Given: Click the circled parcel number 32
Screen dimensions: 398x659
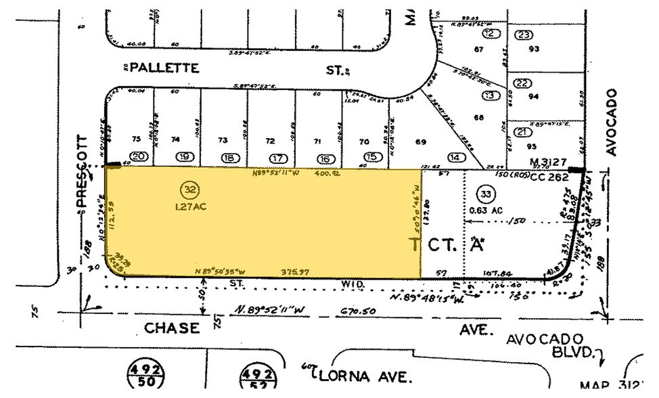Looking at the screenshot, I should [x=187, y=187].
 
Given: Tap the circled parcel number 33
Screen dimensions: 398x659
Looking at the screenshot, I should [x=485, y=192].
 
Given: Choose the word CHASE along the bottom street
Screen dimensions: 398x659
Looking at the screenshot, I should [x=173, y=328].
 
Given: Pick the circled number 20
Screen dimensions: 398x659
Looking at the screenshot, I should [x=139, y=157].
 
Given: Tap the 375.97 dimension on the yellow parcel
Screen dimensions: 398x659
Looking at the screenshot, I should [x=294, y=271].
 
